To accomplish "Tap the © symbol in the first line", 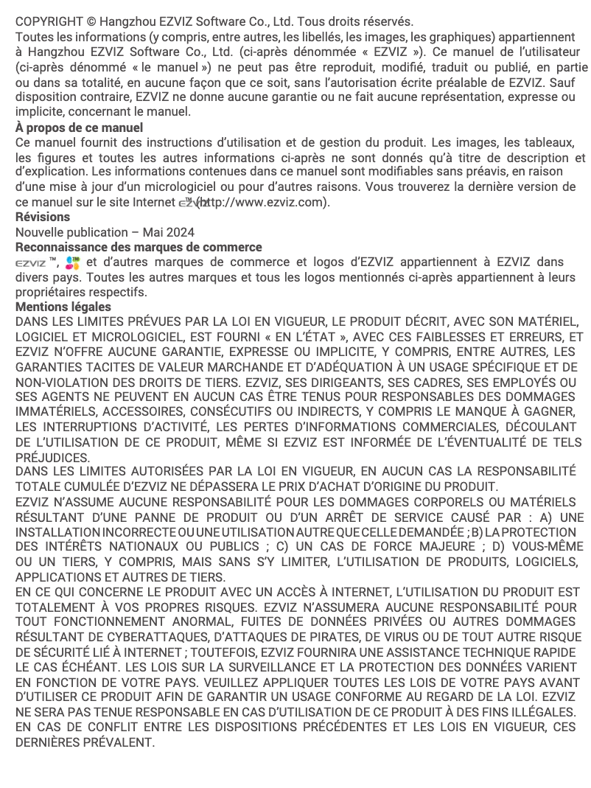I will (x=92, y=21).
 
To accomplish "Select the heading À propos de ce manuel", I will (x=79, y=128).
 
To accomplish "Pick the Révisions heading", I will (x=43, y=217).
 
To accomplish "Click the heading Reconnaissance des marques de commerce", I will (x=139, y=247).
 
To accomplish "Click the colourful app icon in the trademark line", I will (x=71, y=262).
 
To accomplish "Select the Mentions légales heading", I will (x=63, y=307).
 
